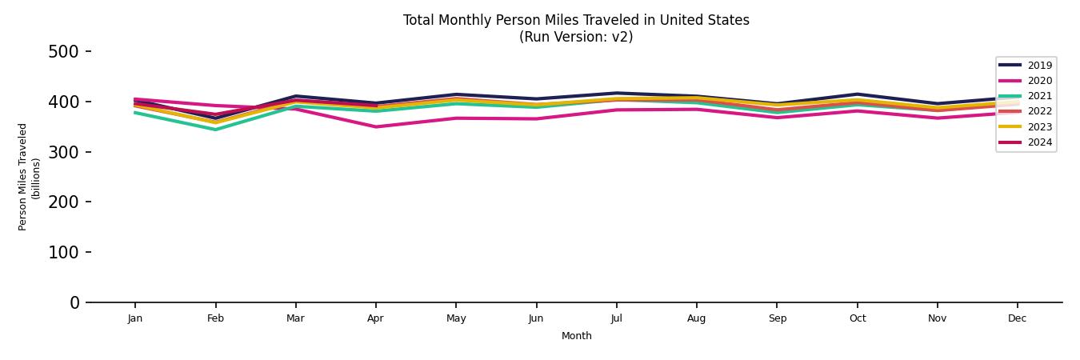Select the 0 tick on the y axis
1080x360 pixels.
(x=74, y=302)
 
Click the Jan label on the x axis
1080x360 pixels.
(x=135, y=318)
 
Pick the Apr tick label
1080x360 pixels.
(x=375, y=318)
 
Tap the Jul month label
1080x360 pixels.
(x=616, y=318)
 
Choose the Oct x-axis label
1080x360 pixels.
(x=857, y=318)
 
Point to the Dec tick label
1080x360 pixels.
(x=1017, y=318)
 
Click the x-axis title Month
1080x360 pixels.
(x=576, y=336)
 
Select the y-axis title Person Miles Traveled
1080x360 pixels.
(x=23, y=177)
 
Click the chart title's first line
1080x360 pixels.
(x=576, y=20)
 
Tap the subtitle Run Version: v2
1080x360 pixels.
(x=576, y=37)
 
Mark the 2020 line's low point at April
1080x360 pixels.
(x=375, y=126)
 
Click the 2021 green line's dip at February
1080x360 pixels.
(x=215, y=130)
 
